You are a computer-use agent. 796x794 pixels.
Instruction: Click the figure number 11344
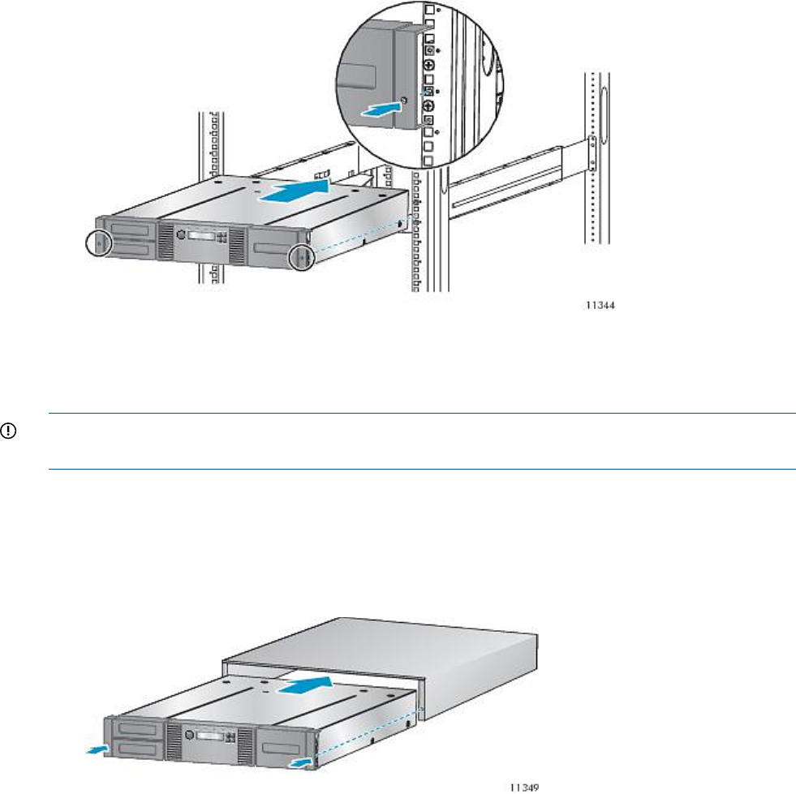click(600, 305)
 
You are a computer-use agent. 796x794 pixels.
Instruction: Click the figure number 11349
click(524, 788)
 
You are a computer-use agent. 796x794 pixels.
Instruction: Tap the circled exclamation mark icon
click(9, 431)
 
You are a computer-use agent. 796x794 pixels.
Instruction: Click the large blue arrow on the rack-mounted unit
click(295, 193)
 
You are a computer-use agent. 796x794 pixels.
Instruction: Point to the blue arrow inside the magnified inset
click(381, 109)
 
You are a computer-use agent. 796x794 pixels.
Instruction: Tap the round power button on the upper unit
click(181, 234)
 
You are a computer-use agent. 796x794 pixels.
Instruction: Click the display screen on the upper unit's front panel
click(201, 237)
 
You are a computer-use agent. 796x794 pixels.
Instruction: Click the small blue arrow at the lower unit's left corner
click(97, 749)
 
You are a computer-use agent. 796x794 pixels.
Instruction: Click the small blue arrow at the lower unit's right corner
click(299, 762)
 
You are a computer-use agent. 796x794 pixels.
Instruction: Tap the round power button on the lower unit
click(190, 735)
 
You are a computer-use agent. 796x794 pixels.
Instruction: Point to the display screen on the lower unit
click(209, 736)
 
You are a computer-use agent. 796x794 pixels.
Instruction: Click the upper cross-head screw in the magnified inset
click(429, 65)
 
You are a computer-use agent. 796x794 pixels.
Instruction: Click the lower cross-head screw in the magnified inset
click(429, 106)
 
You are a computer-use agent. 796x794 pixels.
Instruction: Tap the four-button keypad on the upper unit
click(222, 238)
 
